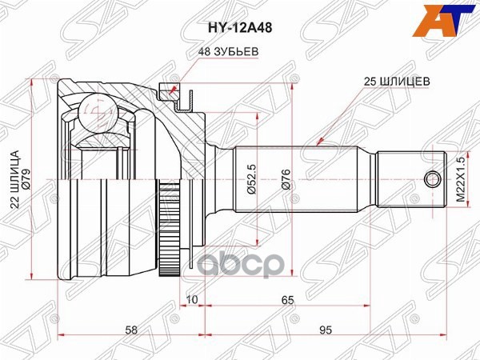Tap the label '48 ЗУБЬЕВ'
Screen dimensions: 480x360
coord(228,51)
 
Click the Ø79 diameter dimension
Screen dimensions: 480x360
coord(26,178)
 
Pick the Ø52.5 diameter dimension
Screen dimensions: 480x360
coord(252,178)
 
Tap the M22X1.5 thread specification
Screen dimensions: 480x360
coord(461,179)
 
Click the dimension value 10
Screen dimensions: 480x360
coord(192,299)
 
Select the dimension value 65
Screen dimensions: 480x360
coord(287,300)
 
